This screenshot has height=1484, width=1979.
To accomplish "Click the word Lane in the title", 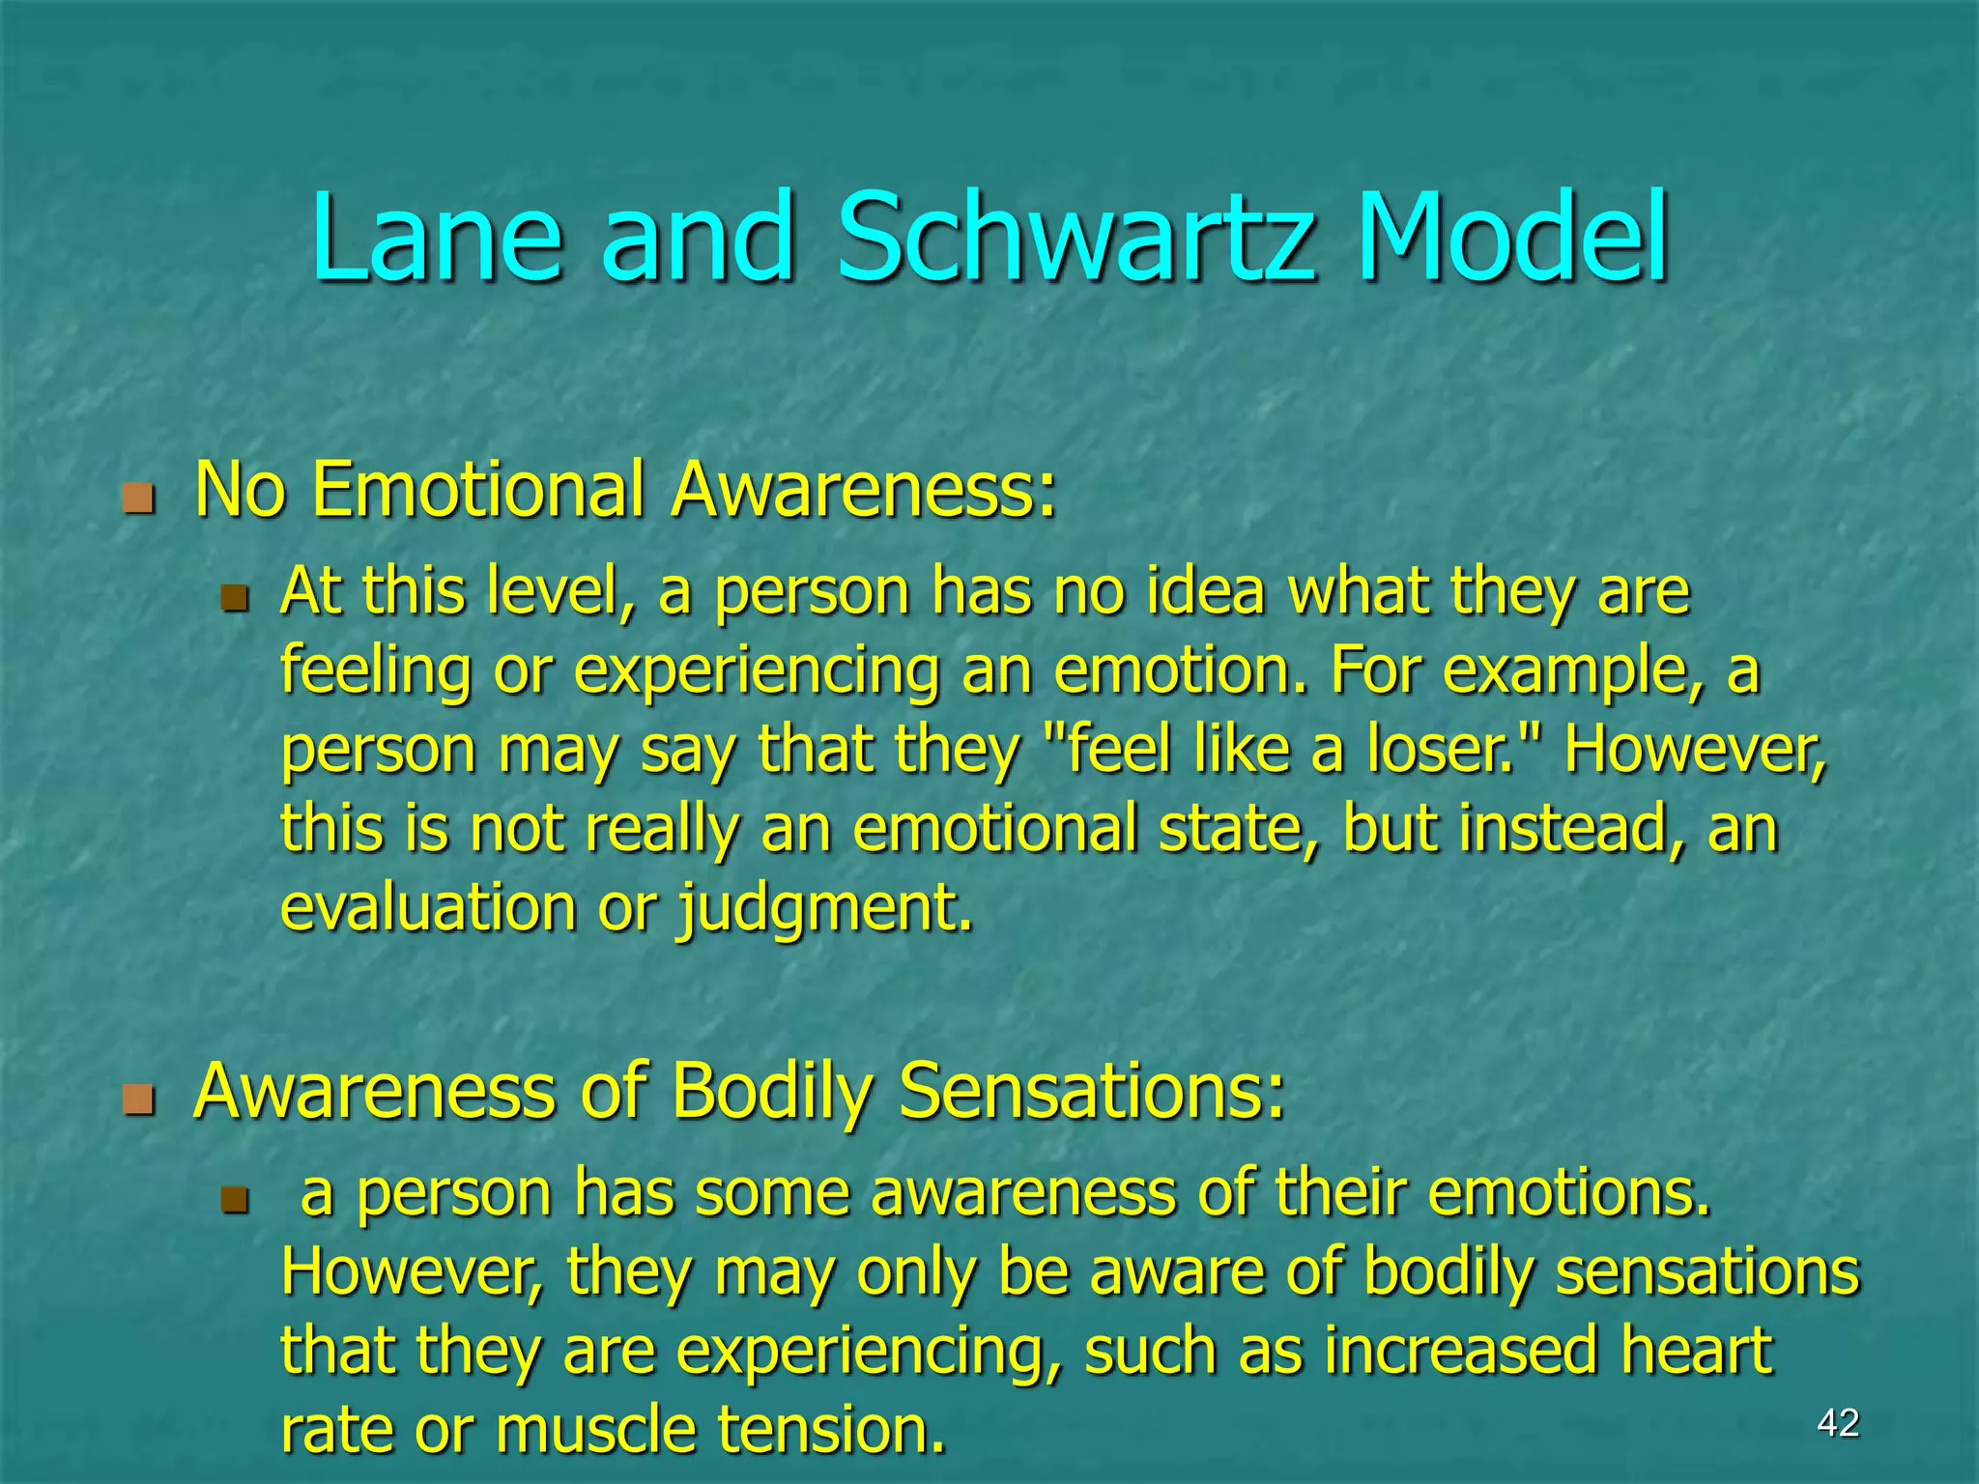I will coord(436,238).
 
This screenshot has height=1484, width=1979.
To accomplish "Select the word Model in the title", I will coord(1512,238).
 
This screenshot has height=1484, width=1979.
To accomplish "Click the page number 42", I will coord(1838,1423).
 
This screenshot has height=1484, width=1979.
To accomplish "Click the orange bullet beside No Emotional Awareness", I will coord(139,499).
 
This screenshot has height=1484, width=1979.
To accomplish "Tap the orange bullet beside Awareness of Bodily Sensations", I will coord(139,1099).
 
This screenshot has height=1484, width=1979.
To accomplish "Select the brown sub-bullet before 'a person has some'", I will coord(235,1199).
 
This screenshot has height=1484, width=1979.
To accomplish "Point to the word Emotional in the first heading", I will coord(478,490).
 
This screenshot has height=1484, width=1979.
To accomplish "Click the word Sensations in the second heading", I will coord(1092,1091).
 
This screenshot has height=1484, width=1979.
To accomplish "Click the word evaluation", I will coord(428,908).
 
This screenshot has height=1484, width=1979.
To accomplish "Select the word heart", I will coord(1696,1350).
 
